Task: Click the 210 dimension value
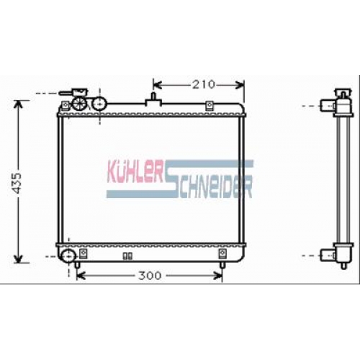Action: pos(204,84)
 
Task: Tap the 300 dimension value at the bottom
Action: pos(150,276)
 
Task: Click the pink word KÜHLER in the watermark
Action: pos(135,171)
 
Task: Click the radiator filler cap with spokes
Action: pos(79,104)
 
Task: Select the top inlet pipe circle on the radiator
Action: pos(99,104)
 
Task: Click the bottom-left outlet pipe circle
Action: pos(68,256)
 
